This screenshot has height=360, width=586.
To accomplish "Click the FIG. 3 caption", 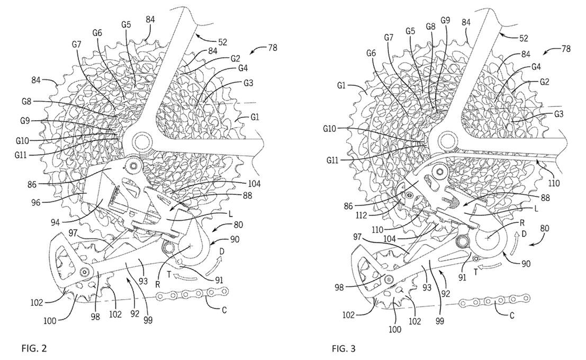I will (344, 348).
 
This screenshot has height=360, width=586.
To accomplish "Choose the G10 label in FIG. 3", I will (335, 129).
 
